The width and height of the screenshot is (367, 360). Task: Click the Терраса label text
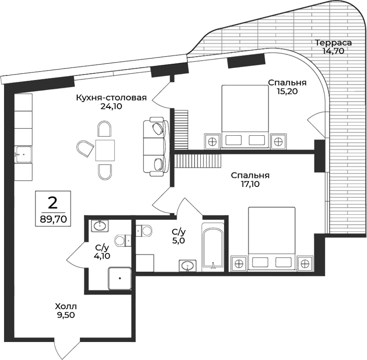tap(333, 43)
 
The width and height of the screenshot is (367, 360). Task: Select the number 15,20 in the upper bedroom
tap(287, 91)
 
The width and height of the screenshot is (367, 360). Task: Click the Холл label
tap(63, 307)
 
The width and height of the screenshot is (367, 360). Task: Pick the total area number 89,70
tap(53, 220)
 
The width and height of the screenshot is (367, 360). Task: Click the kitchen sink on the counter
tap(23, 154)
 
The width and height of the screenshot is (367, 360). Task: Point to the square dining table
tap(105, 150)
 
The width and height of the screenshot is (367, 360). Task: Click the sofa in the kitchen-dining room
tap(155, 146)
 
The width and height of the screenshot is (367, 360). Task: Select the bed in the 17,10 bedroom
tap(271, 239)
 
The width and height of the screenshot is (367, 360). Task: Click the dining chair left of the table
tap(84, 148)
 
